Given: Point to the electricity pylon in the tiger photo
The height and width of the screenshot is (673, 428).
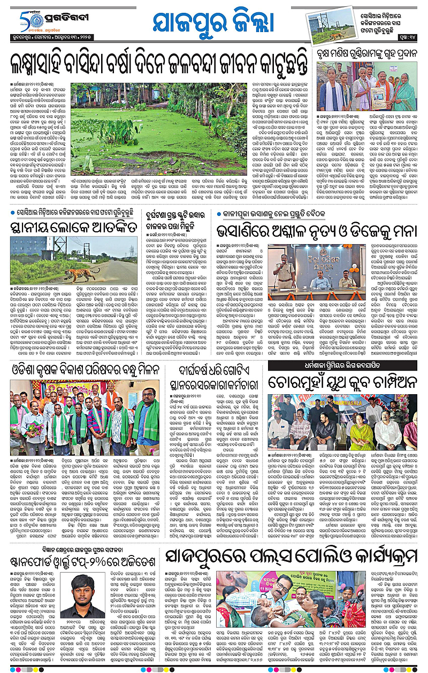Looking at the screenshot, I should [x=129, y=252].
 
